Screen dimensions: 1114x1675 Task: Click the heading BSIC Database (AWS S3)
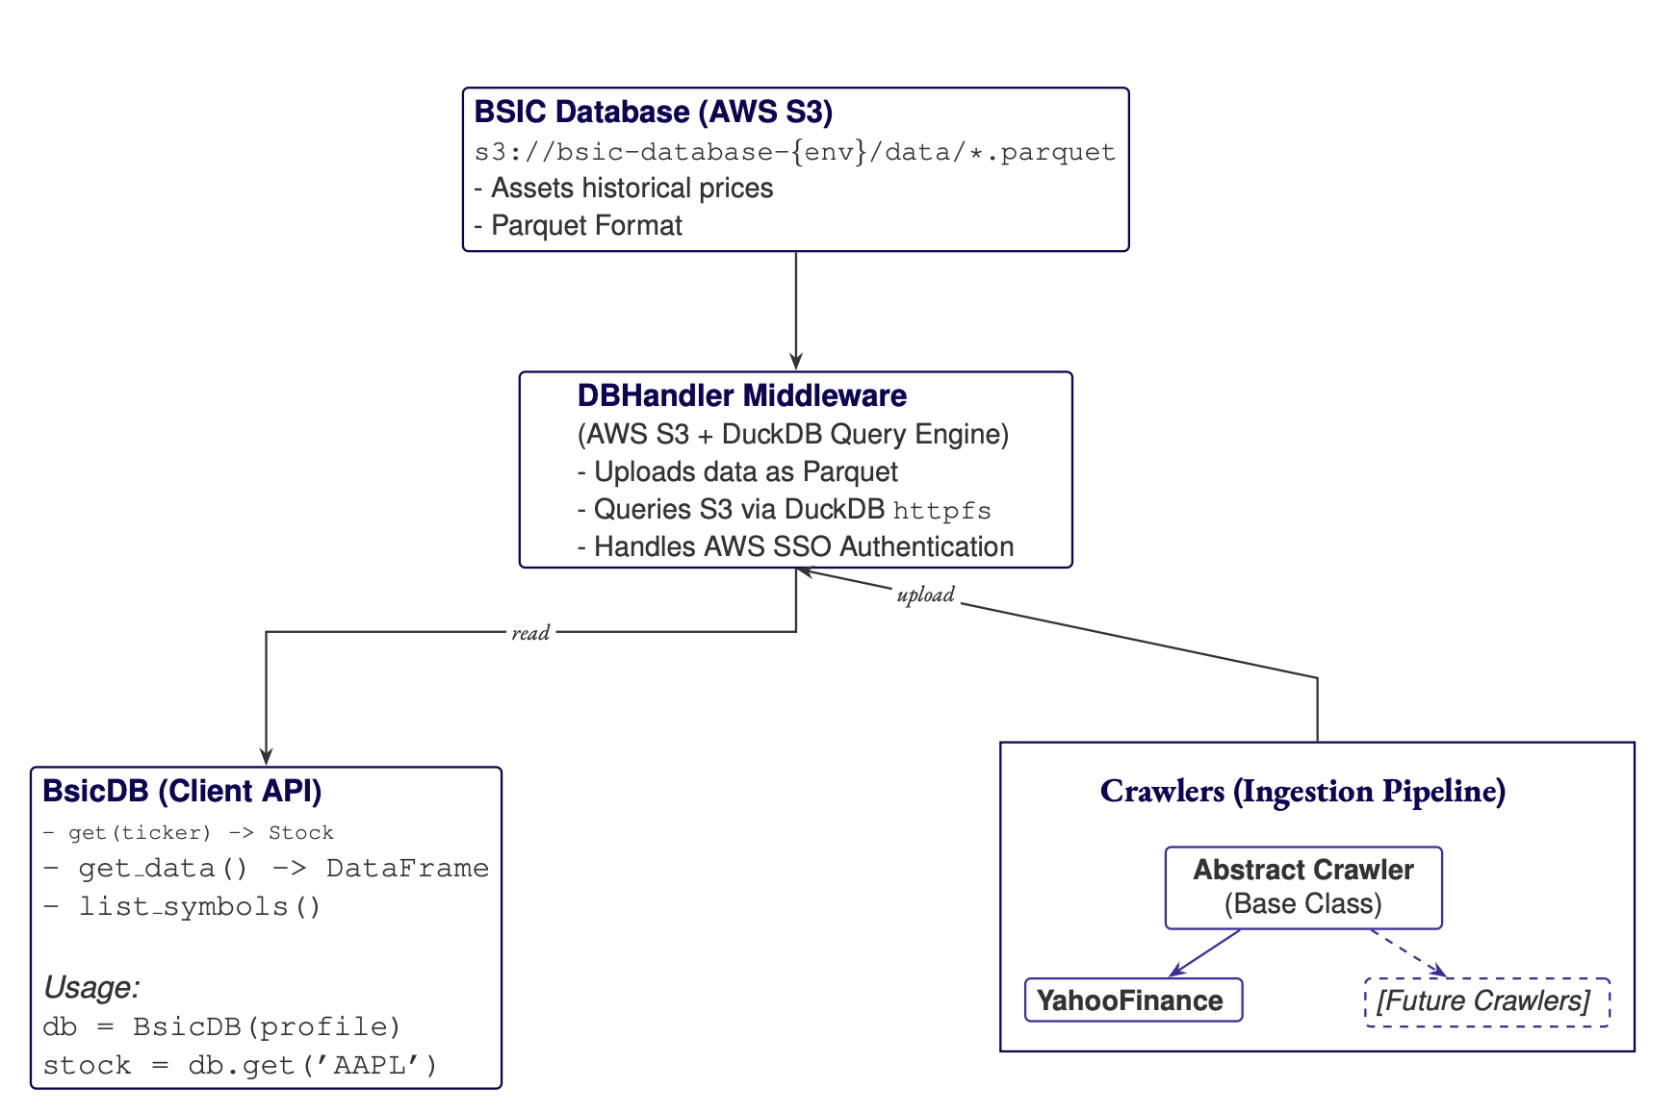[653, 113]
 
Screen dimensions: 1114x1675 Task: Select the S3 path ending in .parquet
[794, 152]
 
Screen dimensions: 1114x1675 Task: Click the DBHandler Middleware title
[741, 396]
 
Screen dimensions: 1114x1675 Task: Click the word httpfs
[941, 511]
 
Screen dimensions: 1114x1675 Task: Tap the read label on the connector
[530, 633]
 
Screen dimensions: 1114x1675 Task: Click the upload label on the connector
[925, 595]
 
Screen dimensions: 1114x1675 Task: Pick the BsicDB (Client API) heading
[182, 792]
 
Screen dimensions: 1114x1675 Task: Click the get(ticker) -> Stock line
[188, 833]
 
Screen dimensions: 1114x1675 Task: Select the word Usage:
[91, 988]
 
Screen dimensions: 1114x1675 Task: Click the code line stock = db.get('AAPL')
[240, 1066]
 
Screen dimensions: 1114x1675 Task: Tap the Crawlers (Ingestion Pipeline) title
[1302, 792]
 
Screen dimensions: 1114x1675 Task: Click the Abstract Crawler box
[1303, 887]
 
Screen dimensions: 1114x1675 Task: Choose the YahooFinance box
[1133, 1000]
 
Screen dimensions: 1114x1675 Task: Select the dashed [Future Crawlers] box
[1486, 1001]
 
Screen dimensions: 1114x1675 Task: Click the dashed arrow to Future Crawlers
[1407, 952]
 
